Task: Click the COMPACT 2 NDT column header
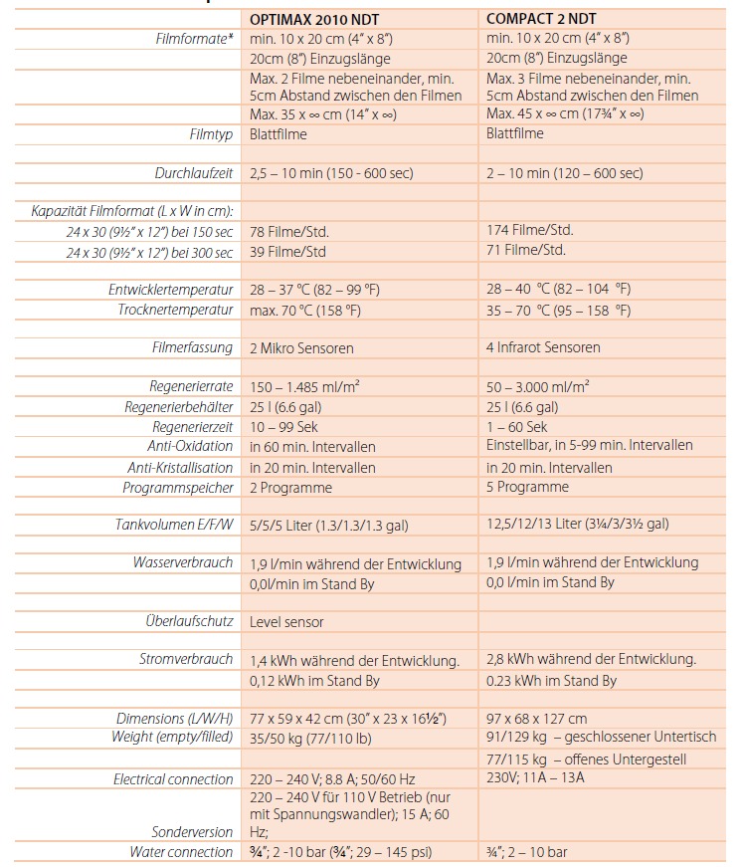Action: pyautogui.click(x=541, y=19)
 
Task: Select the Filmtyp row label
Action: pyautogui.click(x=211, y=133)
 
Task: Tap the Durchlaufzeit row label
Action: pyautogui.click(x=194, y=172)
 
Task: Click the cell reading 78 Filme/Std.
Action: pyautogui.click(x=289, y=232)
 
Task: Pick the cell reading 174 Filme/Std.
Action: pyautogui.click(x=530, y=230)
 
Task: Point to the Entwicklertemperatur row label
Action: pyautogui.click(x=171, y=290)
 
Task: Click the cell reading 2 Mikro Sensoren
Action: pyautogui.click(x=301, y=348)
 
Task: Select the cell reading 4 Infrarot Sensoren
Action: pyautogui.click(x=543, y=347)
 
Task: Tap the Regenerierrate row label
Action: pyautogui.click(x=192, y=386)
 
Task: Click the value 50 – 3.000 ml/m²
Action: pyautogui.click(x=538, y=386)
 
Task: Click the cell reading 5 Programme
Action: pyautogui.click(x=527, y=487)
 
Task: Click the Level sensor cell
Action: pyautogui.click(x=286, y=622)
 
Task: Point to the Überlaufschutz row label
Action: pyautogui.click(x=189, y=621)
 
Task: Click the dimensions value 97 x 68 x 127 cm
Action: pyautogui.click(x=536, y=718)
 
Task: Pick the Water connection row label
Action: pyautogui.click(x=181, y=851)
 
